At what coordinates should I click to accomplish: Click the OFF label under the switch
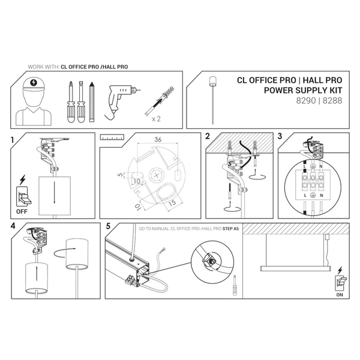click(x=20, y=211)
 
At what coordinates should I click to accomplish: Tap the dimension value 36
click(x=158, y=140)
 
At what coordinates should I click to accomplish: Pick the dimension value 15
click(x=171, y=203)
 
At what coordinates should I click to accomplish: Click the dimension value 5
click(x=120, y=175)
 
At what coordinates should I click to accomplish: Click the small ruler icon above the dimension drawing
click(x=112, y=137)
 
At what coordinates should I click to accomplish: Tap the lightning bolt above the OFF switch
click(x=23, y=179)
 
